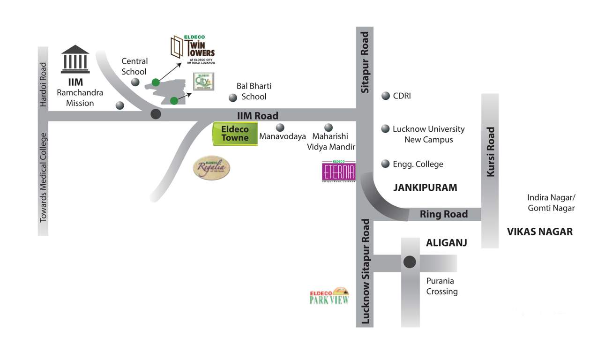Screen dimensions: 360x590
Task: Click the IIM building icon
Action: coord(75,59)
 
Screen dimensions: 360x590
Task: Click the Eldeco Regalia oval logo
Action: coord(212,167)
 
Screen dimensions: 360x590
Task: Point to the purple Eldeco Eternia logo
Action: coord(339,172)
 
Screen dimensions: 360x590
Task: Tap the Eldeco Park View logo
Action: coord(329,296)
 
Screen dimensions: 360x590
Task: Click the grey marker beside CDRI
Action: coord(386,96)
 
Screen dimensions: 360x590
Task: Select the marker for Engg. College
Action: coord(386,164)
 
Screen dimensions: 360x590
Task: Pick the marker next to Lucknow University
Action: coord(386,128)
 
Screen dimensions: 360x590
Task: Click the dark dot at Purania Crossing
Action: coord(410,262)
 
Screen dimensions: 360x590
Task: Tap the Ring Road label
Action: coord(443,214)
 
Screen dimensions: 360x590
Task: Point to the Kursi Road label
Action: coord(490,152)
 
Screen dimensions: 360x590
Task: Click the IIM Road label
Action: coord(258,115)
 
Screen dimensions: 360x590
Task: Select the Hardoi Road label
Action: coord(43,84)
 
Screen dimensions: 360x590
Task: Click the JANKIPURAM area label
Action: coord(425,187)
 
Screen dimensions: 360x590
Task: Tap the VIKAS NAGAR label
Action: coord(540,231)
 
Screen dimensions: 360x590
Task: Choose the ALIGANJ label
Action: coord(446,243)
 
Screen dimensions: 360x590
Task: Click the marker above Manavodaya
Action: coord(280,127)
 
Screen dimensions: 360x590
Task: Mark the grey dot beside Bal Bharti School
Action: coord(232,97)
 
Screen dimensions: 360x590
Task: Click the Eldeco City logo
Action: coord(204,82)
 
